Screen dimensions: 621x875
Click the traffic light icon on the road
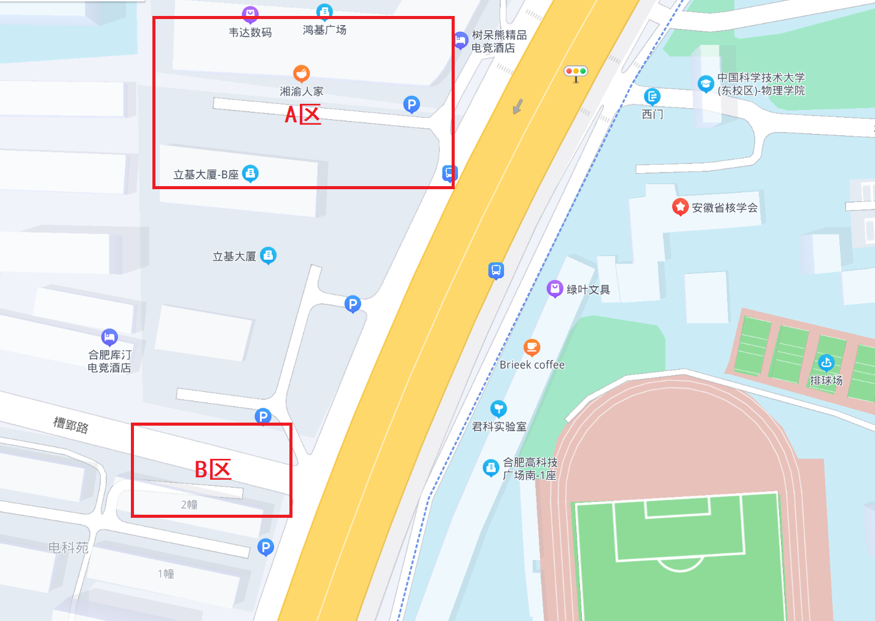click(x=576, y=72)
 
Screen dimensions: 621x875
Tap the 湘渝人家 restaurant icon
click(x=301, y=74)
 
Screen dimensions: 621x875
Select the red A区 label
click(x=302, y=114)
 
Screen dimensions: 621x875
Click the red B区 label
click(x=213, y=470)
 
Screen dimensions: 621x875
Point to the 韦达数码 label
click(x=250, y=33)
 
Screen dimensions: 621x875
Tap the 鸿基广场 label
click(x=324, y=30)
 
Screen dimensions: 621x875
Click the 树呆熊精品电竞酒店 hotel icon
click(x=461, y=41)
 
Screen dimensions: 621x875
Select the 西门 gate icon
click(x=652, y=96)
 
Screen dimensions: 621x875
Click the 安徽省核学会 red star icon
click(x=680, y=207)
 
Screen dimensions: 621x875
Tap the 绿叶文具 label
click(x=588, y=290)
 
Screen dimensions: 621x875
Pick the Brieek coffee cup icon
click(x=532, y=348)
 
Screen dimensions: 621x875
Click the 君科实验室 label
click(x=499, y=426)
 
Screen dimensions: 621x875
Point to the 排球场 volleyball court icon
click(x=826, y=362)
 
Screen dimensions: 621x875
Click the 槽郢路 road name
click(x=71, y=424)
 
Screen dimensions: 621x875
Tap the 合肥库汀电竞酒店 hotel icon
click(x=109, y=337)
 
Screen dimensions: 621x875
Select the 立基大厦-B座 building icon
click(x=250, y=174)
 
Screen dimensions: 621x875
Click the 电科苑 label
click(x=68, y=547)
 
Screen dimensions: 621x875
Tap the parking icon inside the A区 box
click(x=411, y=104)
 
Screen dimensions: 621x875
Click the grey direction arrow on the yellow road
click(x=517, y=106)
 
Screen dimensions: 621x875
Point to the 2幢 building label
click(x=189, y=504)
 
